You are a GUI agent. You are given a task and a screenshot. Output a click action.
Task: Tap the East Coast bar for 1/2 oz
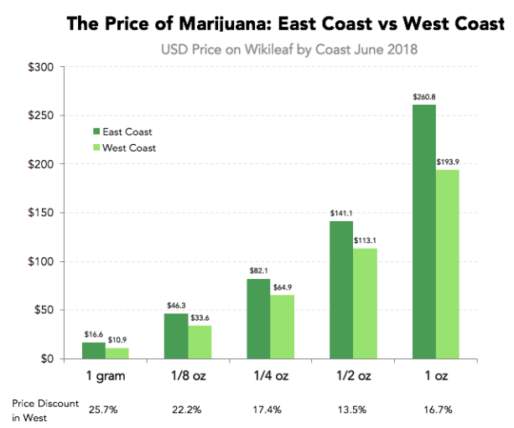coord(341,290)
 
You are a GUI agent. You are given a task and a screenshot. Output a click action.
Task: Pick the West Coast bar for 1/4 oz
coord(283,327)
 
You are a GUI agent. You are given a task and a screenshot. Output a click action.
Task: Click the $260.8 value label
coord(424,97)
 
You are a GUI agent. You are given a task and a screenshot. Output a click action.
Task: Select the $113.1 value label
coord(366,241)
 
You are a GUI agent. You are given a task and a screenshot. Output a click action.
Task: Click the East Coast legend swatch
coord(96,131)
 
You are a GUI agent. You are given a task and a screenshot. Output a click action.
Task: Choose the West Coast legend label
coord(128,147)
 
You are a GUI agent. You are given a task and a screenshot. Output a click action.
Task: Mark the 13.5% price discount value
coord(353,410)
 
